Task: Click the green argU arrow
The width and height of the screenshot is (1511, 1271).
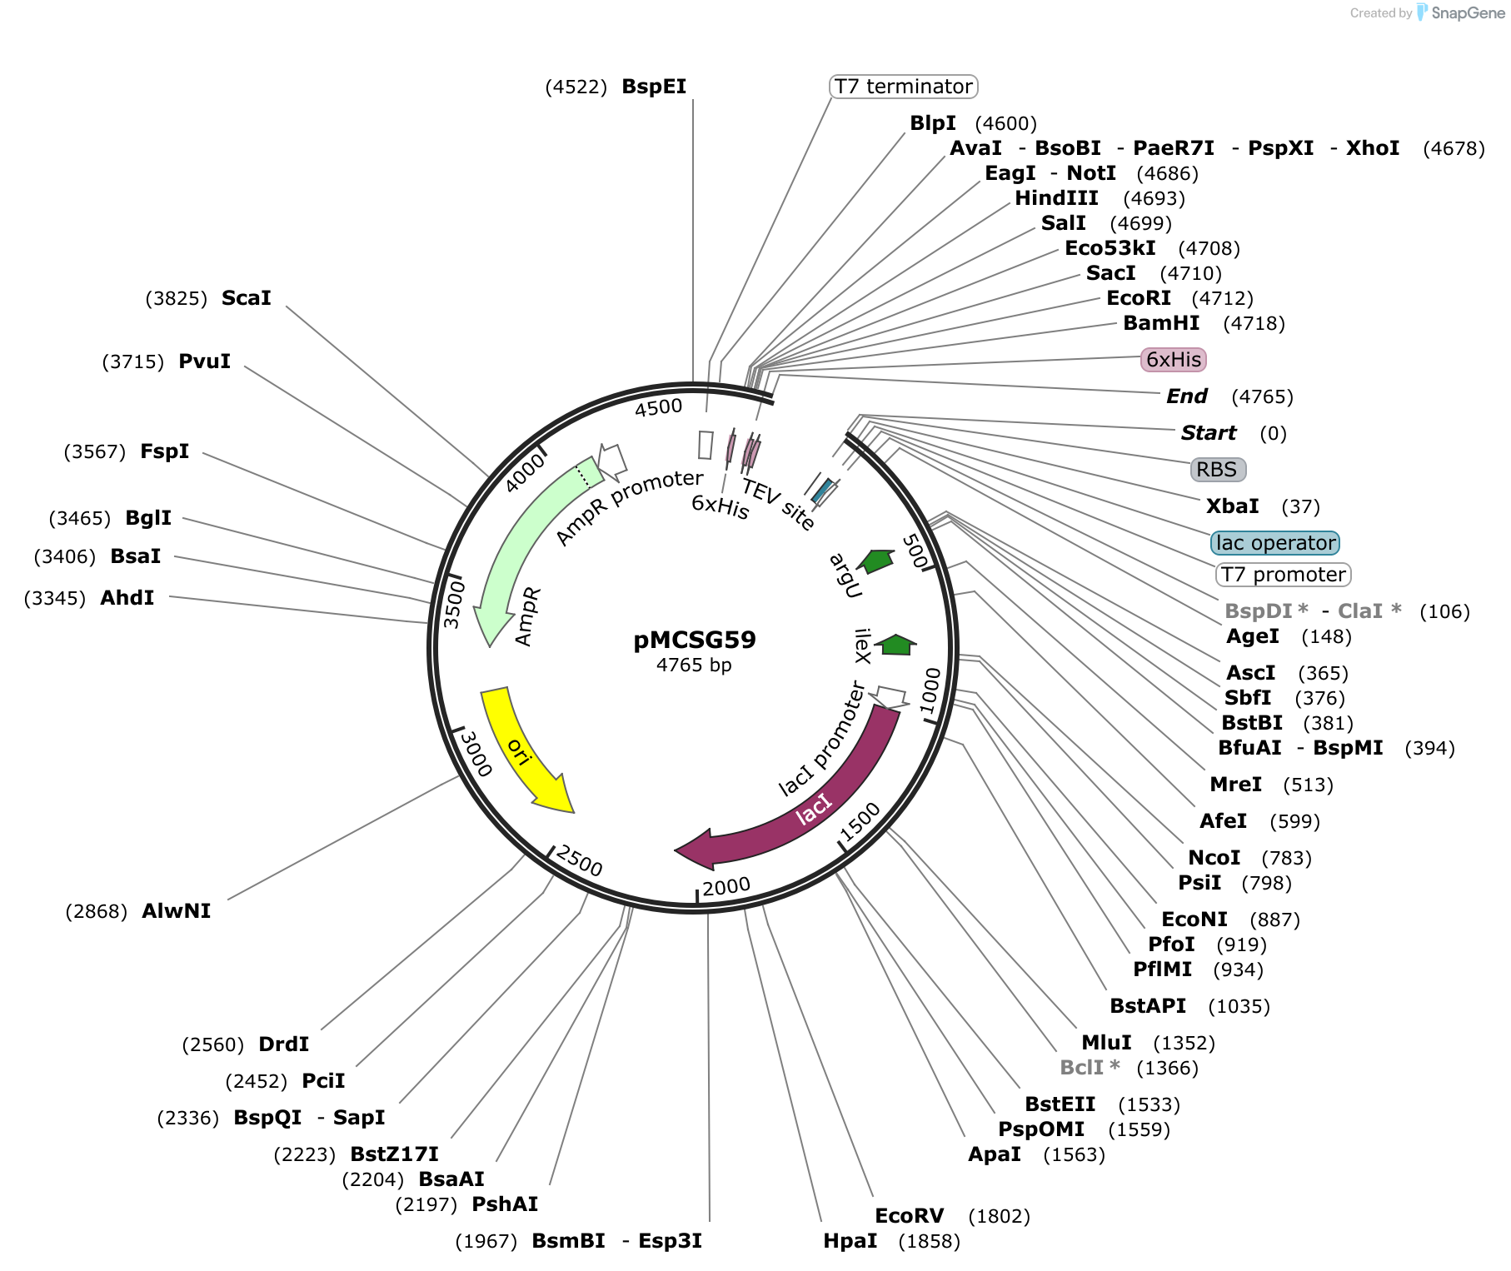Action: [876, 561]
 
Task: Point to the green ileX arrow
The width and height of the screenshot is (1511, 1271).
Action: [896, 644]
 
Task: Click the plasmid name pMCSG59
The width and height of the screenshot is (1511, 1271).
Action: [695, 640]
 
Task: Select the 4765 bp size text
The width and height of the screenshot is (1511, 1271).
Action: [694, 665]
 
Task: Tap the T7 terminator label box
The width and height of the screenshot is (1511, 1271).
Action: [904, 87]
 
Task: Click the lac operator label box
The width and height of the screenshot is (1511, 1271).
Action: [1275, 543]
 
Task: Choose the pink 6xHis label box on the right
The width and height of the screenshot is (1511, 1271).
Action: [1174, 360]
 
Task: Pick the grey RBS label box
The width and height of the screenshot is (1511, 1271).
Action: [1218, 470]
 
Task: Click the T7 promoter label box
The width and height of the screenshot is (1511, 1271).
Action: [1284, 575]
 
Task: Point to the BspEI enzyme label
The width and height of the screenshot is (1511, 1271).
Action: [654, 87]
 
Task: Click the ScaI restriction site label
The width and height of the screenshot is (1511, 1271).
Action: [247, 298]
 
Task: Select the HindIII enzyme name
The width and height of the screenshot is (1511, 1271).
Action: [1056, 198]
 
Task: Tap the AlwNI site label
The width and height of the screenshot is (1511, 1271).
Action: [177, 911]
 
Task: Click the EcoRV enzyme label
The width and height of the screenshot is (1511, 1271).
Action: [910, 1216]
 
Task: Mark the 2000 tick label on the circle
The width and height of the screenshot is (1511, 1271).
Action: [726, 887]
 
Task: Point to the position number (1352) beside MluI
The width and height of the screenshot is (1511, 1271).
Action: [1184, 1043]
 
